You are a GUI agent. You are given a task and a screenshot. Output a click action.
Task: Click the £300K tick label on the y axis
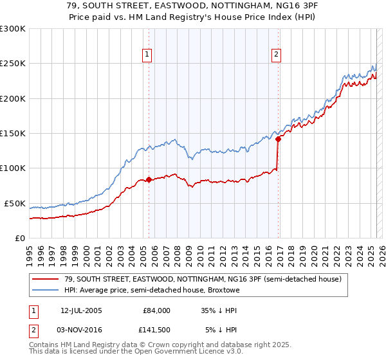pyautogui.click(x=13, y=29)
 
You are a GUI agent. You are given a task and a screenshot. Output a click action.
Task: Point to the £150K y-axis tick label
pyautogui.click(x=13, y=133)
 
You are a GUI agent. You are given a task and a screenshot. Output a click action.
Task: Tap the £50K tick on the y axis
pyautogui.click(x=15, y=203)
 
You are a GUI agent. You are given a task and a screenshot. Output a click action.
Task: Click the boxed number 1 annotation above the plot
pyautogui.click(x=148, y=55)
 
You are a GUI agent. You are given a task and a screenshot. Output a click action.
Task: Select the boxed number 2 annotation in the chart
pyautogui.click(x=276, y=55)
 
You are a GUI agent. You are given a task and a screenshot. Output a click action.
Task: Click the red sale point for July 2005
pyautogui.click(x=149, y=179)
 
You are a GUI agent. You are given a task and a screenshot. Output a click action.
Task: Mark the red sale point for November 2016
pyautogui.click(x=278, y=139)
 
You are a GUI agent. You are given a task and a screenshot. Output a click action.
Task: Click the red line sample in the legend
pyautogui.click(x=46, y=279)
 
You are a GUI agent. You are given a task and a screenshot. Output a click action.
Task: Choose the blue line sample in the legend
pyautogui.click(x=46, y=291)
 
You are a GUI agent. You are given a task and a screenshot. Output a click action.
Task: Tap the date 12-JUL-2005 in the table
pyautogui.click(x=81, y=310)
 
